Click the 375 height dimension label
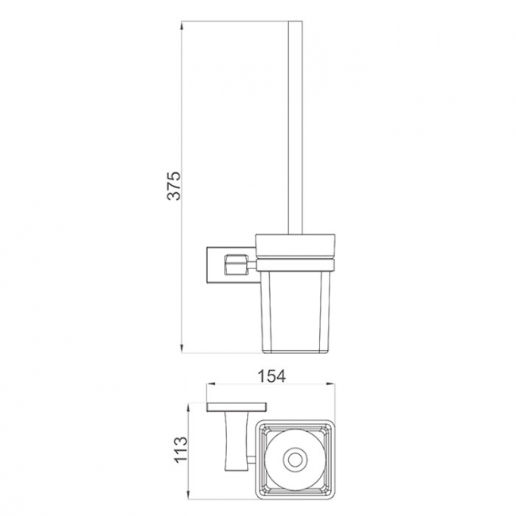pyautogui.click(x=174, y=186)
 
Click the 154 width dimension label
pyautogui.click(x=271, y=376)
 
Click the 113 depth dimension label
pyautogui.click(x=181, y=450)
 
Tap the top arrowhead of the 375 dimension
pyautogui.click(x=182, y=25)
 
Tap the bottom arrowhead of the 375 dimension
pyautogui.click(x=182, y=348)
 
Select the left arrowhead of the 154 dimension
pyautogui.click(x=210, y=383)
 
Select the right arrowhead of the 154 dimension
pyautogui.click(x=330, y=383)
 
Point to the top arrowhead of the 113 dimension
pyautogui.click(x=189, y=408)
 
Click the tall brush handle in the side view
pyautogui.click(x=295, y=128)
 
